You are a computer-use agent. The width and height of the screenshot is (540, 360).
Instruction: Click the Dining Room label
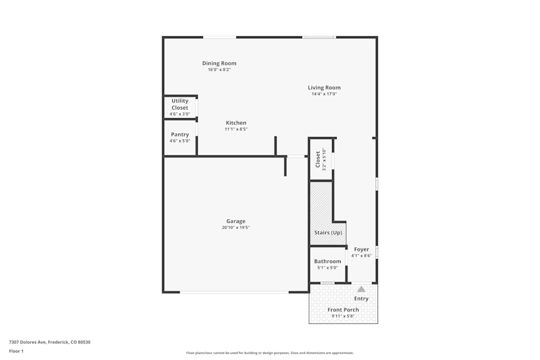[x=219, y=63]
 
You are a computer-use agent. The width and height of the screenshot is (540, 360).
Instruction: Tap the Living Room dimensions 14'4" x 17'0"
[x=324, y=94]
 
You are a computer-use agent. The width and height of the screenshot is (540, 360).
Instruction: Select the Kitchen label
[x=236, y=123]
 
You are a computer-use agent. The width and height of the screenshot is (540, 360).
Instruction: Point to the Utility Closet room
[x=180, y=107]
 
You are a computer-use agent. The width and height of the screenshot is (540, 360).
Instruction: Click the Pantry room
[x=180, y=138]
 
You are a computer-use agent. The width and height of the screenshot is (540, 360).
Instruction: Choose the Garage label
[x=235, y=221]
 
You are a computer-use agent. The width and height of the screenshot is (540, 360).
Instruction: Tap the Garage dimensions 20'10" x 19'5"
[x=235, y=228]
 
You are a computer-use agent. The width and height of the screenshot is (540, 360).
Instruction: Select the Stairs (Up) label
[x=328, y=233]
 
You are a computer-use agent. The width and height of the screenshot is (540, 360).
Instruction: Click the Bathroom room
[x=328, y=264]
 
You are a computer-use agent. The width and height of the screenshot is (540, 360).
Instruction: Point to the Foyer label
[x=361, y=249]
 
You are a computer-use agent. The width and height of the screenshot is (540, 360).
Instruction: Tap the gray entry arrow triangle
[x=361, y=289]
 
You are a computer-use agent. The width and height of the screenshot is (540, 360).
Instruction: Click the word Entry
[x=361, y=298]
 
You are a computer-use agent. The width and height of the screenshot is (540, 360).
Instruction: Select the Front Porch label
[x=343, y=310]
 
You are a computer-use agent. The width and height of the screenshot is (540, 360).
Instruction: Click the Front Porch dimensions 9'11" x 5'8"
[x=343, y=316]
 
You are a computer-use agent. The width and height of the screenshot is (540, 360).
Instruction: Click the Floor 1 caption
[x=16, y=351]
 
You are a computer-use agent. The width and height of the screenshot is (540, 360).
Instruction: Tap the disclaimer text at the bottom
[x=269, y=353]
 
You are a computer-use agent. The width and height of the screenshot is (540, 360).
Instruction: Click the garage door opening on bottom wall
[x=234, y=292]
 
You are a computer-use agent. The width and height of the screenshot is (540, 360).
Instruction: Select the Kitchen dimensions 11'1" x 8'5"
[x=236, y=129]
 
